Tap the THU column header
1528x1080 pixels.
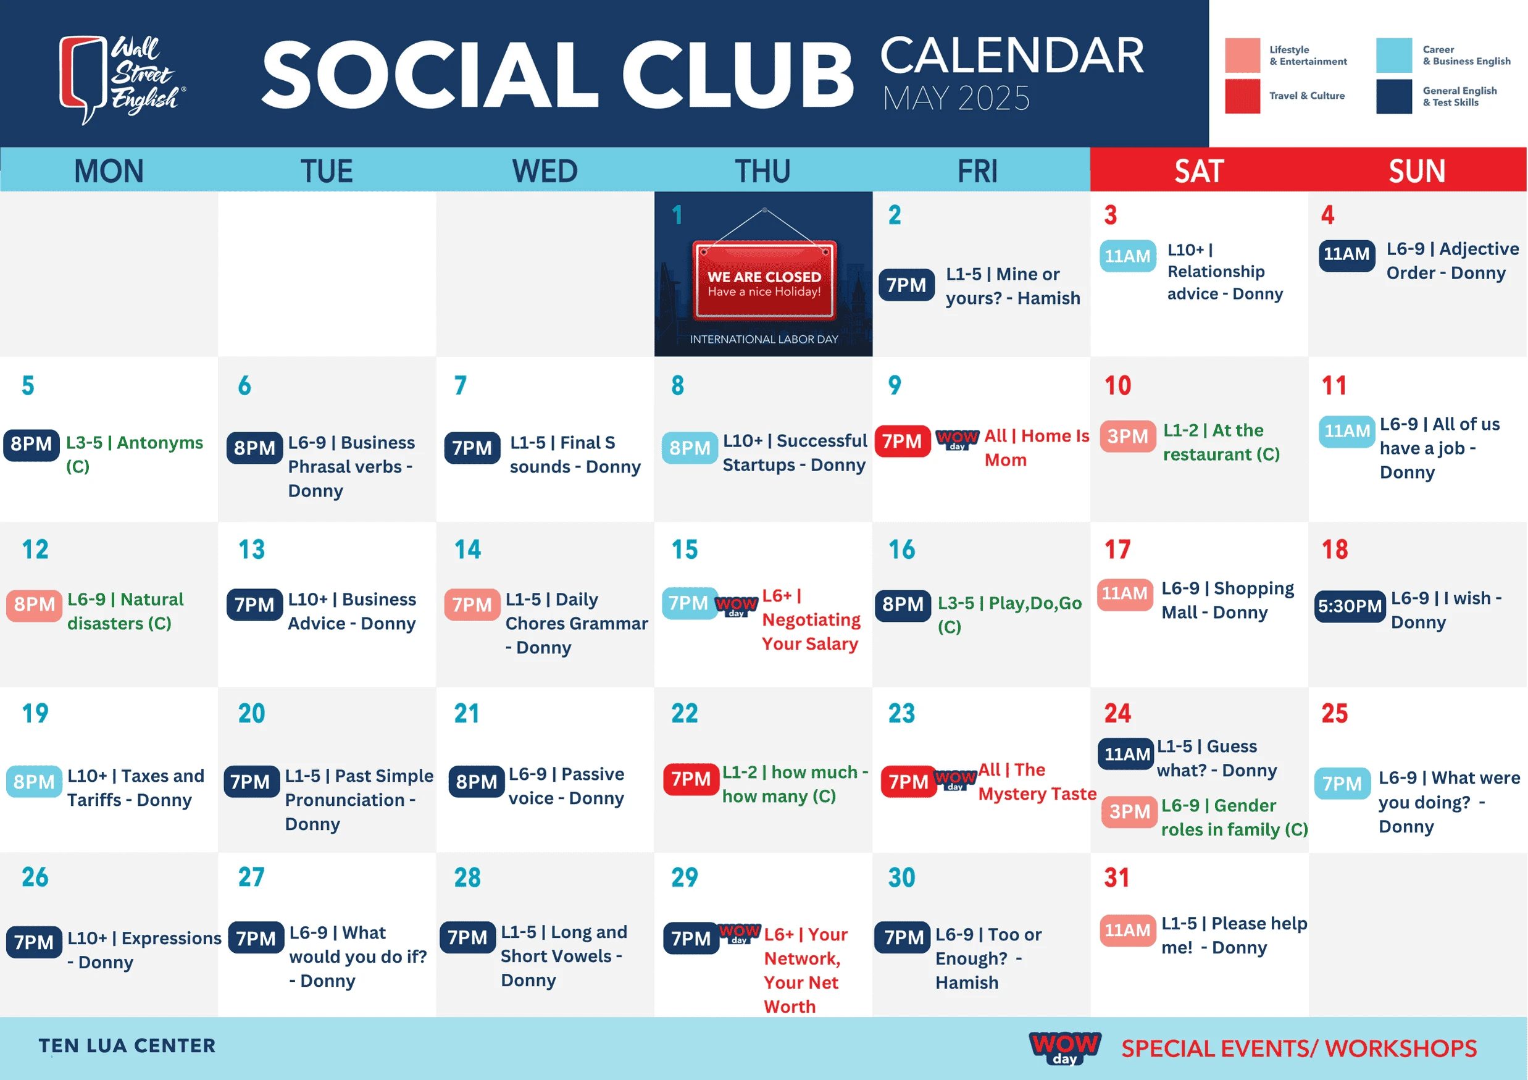[762, 171]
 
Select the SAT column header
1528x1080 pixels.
[1198, 171]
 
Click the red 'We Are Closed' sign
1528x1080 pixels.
[764, 279]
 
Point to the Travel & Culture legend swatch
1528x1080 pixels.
[1243, 96]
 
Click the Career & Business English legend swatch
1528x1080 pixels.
[1394, 55]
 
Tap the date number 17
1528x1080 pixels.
[1117, 550]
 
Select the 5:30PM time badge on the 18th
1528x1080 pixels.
[1350, 606]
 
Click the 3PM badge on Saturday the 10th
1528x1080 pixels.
[1128, 437]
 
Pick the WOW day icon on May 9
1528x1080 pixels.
[957, 439]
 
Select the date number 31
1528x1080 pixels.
[1117, 877]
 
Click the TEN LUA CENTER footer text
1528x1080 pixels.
[127, 1045]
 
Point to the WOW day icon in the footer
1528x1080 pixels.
[1065, 1048]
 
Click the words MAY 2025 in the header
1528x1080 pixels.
[956, 98]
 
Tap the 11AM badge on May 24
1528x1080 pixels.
[1126, 754]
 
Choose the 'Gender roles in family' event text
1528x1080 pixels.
[1235, 817]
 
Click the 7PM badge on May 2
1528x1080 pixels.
[906, 285]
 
